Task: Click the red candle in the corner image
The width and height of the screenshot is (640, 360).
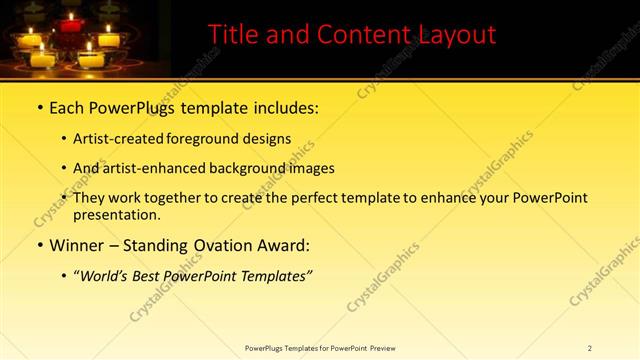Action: pyautogui.click(x=70, y=23)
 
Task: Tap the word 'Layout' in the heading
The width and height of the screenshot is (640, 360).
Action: pyautogui.click(x=454, y=36)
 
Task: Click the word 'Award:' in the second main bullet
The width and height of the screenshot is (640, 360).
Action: pyautogui.click(x=284, y=245)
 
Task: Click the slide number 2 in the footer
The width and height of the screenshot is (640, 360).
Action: pyautogui.click(x=590, y=347)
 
